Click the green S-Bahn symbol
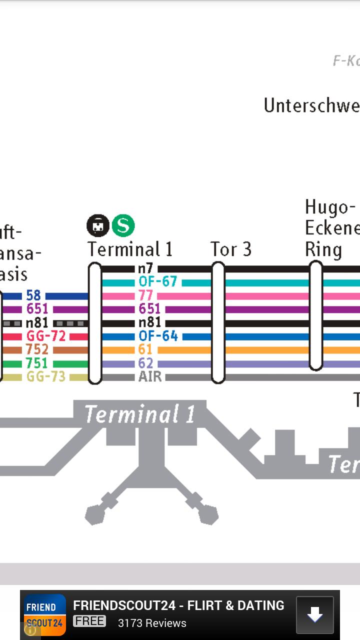coord(123,225)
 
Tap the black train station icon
coord(98,225)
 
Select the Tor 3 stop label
coord(230,249)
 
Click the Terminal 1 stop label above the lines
coord(130,249)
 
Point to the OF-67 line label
coord(158,282)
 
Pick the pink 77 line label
coord(146,295)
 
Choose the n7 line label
coord(145,269)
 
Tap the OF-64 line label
coord(158,336)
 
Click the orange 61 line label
coord(145,349)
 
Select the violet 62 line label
coord(145,363)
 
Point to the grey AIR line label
coord(150,376)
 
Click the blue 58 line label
coord(33,295)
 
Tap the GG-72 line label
coord(46,336)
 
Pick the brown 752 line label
coord(37,349)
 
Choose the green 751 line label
coord(37,363)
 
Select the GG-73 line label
coord(46,376)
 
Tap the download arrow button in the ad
coord(314,615)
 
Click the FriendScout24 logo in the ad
coord(44,615)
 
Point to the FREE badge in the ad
coord(89,621)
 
